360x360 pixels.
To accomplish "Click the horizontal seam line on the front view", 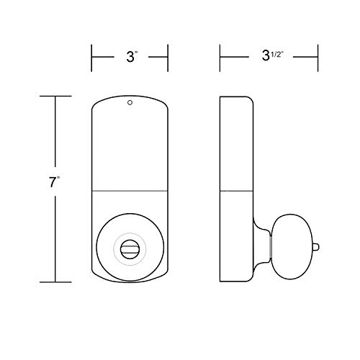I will [x=130, y=190].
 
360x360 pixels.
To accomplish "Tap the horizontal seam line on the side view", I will [x=235, y=190].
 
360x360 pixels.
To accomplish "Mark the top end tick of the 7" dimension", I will [x=55, y=96].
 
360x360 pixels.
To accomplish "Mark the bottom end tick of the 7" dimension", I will [x=55, y=282].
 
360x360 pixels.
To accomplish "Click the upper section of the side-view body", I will [x=235, y=144].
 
